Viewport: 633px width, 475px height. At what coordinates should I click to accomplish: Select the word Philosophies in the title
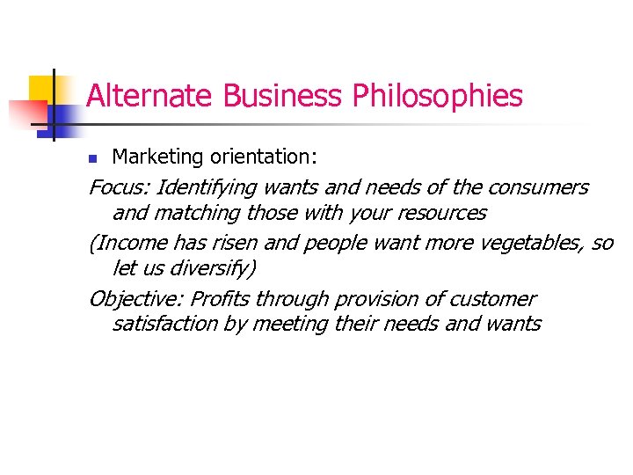click(438, 96)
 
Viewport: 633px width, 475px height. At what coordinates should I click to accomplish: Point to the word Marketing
click(159, 157)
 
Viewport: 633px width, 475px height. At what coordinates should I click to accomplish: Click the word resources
click(441, 213)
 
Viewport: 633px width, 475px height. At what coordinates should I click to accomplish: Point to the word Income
click(132, 244)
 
